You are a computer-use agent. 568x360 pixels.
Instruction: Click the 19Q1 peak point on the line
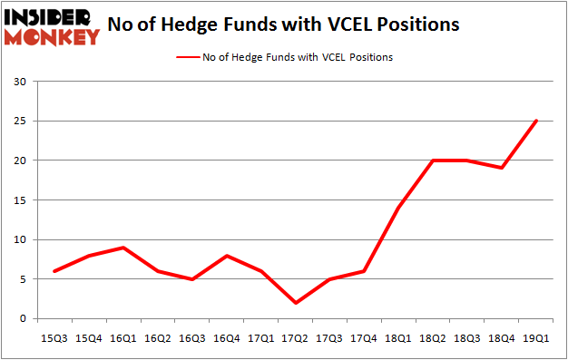click(x=536, y=121)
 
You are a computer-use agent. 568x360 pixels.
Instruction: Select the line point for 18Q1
click(x=398, y=208)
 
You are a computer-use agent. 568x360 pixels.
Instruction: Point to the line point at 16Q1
click(x=123, y=248)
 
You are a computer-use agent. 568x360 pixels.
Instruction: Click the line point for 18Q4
click(x=502, y=168)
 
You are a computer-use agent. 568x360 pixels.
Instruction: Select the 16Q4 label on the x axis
click(x=226, y=338)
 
